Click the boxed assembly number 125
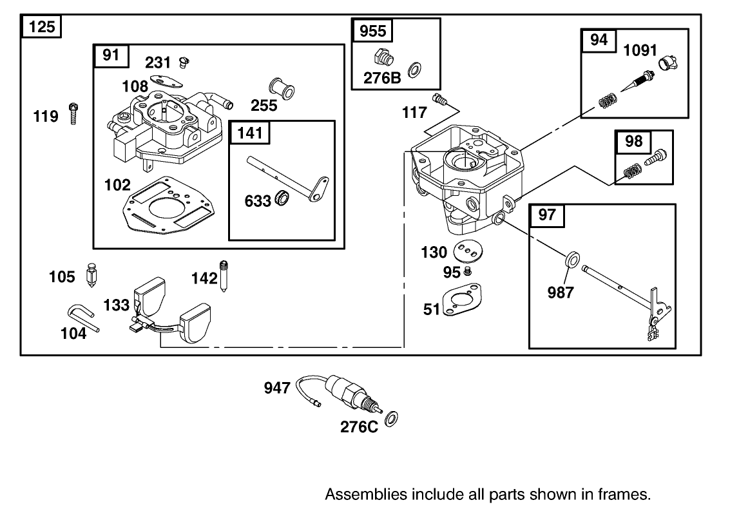tap(42, 27)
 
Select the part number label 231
tap(158, 62)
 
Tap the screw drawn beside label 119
tap(72, 113)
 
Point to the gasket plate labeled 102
tap(164, 206)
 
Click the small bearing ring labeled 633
tap(281, 199)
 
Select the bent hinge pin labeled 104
tap(82, 318)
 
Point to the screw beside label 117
tap(441, 100)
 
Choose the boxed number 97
tap(546, 215)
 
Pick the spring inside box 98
tap(633, 172)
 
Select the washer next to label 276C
tap(390, 420)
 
